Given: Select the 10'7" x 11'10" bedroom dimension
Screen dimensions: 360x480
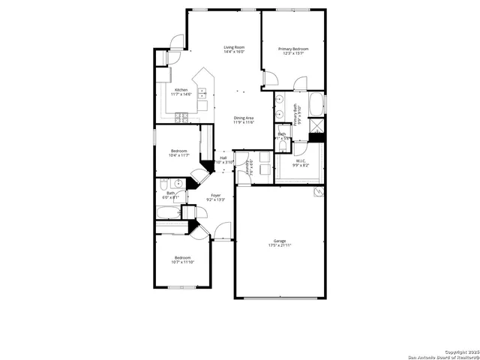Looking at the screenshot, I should click(183, 262).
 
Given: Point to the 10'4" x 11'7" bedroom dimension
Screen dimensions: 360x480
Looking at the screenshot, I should click(180, 155).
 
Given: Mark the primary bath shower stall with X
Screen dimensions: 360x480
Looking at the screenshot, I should click(317, 125).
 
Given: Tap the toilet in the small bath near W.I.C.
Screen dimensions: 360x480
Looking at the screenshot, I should click(283, 145).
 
